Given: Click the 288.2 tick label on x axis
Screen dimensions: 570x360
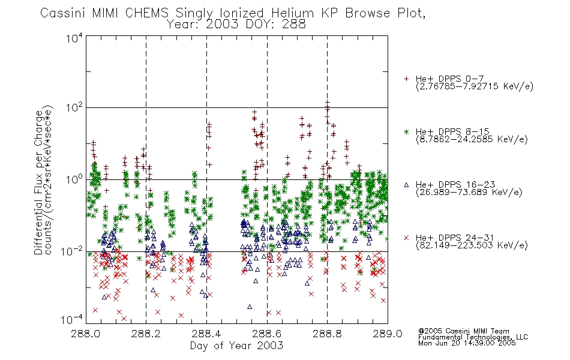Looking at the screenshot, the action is click(x=146, y=334).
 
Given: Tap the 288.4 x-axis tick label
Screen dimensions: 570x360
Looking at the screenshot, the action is click(x=206, y=334).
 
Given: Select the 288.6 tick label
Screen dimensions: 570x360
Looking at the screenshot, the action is click(x=267, y=334).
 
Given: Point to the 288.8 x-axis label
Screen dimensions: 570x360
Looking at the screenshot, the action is click(x=327, y=334).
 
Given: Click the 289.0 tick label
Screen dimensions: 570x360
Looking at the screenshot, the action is click(x=388, y=334).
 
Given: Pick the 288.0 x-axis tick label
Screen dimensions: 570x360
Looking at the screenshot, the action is click(x=86, y=334).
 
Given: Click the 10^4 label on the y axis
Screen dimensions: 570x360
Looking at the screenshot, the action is click(x=74, y=38).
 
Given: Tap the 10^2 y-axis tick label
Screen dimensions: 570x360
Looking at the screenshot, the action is click(x=74, y=108).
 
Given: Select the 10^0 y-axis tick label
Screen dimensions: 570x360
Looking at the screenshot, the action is click(x=74, y=179).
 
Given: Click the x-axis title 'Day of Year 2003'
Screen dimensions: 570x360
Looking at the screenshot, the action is click(x=236, y=346).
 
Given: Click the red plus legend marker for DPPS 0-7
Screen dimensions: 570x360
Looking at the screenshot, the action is click(x=406, y=79).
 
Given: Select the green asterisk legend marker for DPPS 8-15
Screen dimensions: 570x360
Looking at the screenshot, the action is click(x=406, y=131).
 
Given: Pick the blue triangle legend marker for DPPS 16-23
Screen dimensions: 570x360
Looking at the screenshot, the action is click(x=406, y=185).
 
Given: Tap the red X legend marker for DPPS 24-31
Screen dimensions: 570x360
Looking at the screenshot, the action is click(x=406, y=238).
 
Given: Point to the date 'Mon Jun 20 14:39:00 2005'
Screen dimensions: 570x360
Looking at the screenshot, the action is click(x=467, y=343).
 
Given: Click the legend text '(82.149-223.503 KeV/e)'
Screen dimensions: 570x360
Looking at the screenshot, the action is click(x=472, y=245).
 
